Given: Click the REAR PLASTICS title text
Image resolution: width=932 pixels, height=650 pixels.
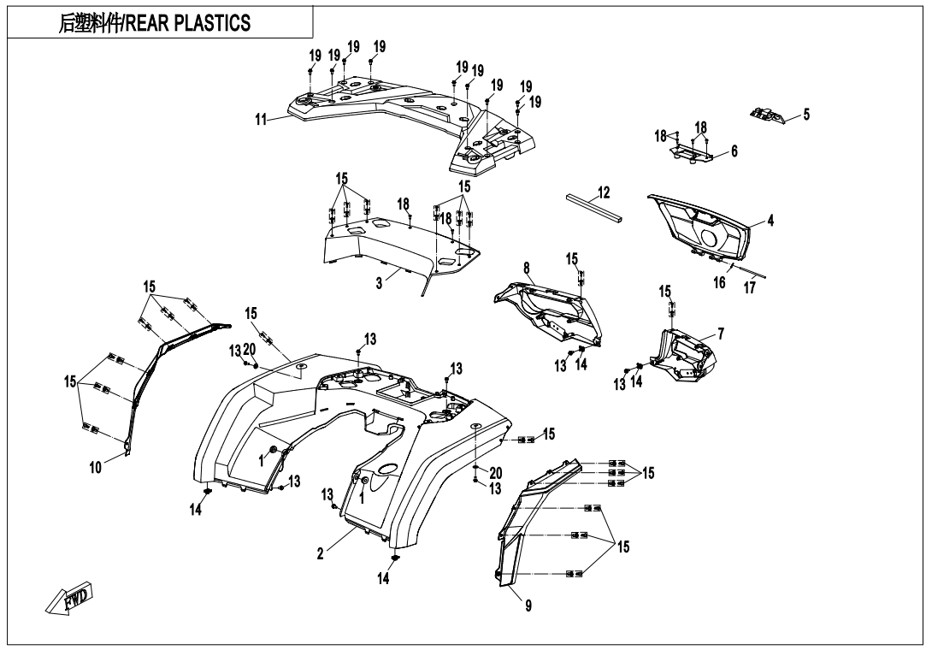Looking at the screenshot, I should pos(190,23).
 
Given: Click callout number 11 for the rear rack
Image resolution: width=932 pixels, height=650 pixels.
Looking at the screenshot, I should pos(261,119).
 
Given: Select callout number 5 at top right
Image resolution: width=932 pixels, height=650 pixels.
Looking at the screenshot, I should pos(806,114).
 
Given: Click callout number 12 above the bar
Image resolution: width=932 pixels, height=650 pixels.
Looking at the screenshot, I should pos(605,192).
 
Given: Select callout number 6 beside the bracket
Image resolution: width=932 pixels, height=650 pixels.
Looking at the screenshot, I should pos(734,151).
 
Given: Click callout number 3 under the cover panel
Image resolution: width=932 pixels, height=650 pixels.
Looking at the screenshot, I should pos(379,285).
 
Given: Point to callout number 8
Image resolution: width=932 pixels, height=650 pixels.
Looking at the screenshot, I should pos(527,269).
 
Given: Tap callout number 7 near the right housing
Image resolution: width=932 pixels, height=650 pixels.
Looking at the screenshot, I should pos(722,334).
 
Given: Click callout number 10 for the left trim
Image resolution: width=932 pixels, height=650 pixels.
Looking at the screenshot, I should pos(95,467).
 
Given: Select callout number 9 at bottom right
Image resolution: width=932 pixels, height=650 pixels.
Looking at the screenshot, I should pos(528,606).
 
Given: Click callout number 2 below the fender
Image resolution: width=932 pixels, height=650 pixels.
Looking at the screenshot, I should pos(320,553).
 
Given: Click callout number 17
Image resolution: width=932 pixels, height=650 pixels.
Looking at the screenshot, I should pos(750,288).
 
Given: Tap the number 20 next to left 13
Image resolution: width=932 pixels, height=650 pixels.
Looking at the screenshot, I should pos(249,349).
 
